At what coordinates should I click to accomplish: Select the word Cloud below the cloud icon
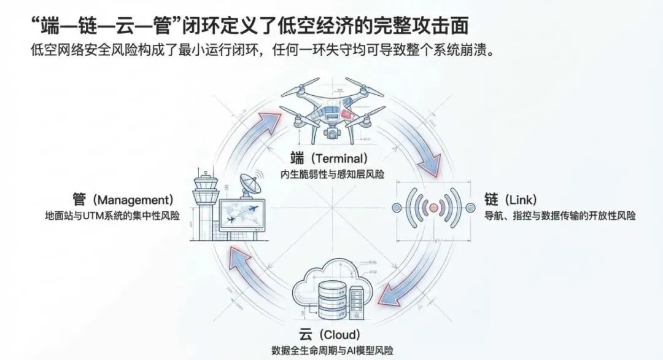pyautogui.click(x=333, y=335)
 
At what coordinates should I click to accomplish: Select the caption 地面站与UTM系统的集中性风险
pyautogui.click(x=108, y=216)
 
